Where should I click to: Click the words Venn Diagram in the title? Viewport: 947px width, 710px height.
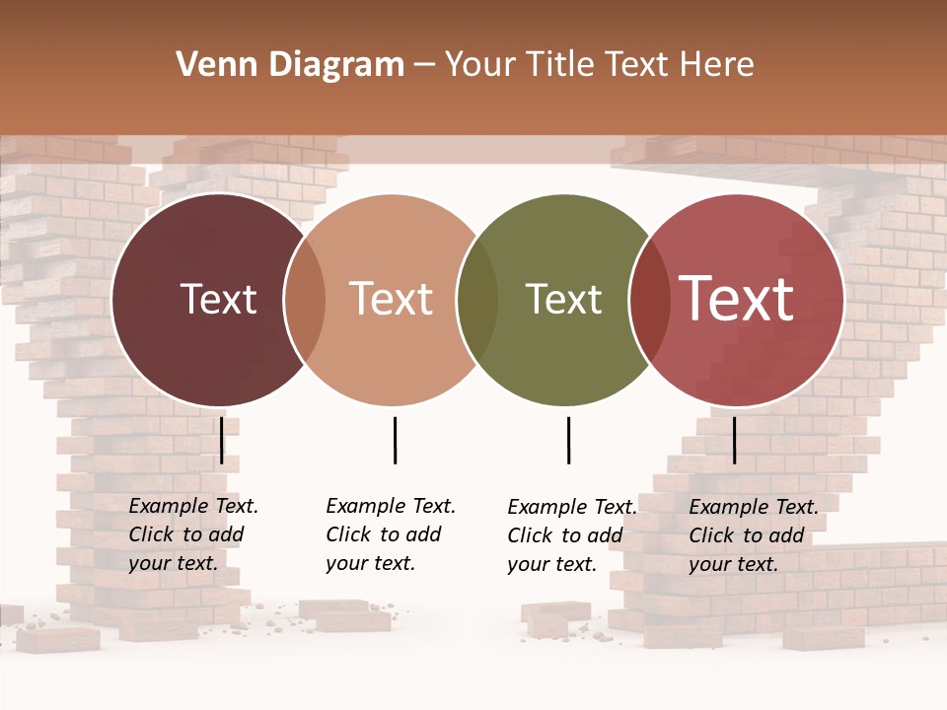[x=290, y=65]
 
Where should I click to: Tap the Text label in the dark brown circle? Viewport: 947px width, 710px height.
[x=218, y=299]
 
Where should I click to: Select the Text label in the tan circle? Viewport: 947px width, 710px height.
[x=392, y=299]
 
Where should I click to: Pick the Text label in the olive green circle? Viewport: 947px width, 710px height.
[x=563, y=299]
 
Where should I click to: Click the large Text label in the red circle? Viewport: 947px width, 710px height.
[x=737, y=299]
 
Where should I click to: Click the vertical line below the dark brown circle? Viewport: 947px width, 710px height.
[x=221, y=440]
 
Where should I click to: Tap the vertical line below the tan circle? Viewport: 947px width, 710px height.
[x=395, y=440]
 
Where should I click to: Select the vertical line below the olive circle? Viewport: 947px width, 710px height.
[x=568, y=440]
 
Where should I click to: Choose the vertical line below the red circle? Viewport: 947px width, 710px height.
[x=734, y=440]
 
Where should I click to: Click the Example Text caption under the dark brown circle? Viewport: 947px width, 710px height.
[x=192, y=534]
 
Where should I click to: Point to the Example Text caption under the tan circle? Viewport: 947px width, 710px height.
[x=390, y=534]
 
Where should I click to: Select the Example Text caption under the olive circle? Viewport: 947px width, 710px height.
[x=571, y=535]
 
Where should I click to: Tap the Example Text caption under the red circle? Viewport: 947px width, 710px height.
[x=753, y=535]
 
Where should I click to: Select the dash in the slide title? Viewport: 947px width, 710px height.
[x=424, y=65]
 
